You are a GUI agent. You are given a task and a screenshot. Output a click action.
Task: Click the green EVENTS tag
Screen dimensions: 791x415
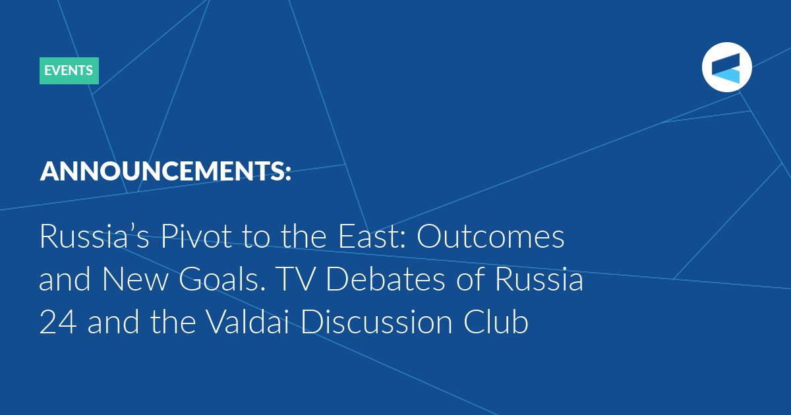pyautogui.click(x=69, y=70)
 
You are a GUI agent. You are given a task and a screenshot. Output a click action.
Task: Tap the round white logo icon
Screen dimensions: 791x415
pyautogui.click(x=726, y=67)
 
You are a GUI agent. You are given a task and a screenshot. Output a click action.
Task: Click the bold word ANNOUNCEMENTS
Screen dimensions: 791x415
pyautogui.click(x=161, y=171)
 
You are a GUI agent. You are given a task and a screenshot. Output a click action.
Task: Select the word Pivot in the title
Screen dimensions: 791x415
pyautogui.click(x=196, y=236)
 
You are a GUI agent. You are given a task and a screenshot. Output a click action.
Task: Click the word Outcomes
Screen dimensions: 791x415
pyautogui.click(x=490, y=236)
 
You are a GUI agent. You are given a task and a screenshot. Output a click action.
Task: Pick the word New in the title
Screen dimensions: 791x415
pyautogui.click(x=135, y=279)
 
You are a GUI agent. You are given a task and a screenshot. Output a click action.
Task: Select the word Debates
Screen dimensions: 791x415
pyautogui.click(x=385, y=279)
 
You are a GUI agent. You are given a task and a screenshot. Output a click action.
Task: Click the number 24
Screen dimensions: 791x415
pyautogui.click(x=58, y=322)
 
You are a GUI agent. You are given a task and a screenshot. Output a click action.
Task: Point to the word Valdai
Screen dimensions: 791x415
pyautogui.click(x=248, y=321)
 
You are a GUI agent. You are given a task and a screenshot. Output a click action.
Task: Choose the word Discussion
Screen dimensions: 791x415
pyautogui.click(x=376, y=321)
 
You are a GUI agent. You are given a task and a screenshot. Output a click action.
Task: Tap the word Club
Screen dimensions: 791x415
pyautogui.click(x=496, y=321)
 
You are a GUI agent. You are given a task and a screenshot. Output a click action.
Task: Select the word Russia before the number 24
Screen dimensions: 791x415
pyautogui.click(x=539, y=279)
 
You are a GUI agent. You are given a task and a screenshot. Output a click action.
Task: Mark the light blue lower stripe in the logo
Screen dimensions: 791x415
pyautogui.click(x=726, y=76)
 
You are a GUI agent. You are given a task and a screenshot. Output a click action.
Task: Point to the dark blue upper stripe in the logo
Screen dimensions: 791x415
pyautogui.click(x=726, y=63)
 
